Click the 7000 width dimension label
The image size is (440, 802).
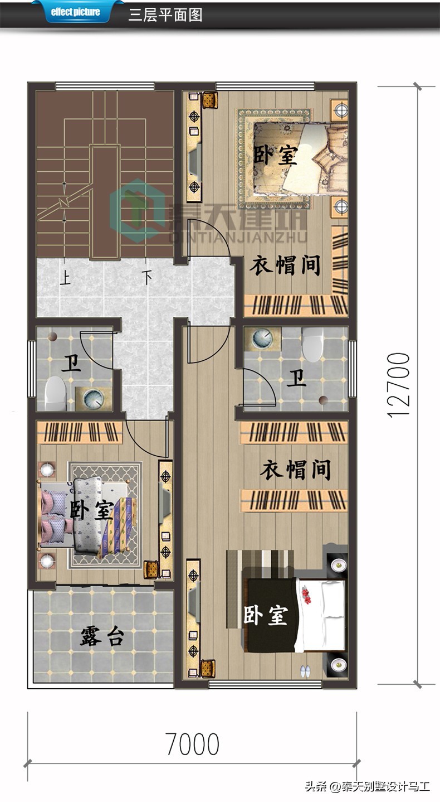[192, 744]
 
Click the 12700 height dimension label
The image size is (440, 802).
[398, 385]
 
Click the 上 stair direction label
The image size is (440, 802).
[65, 278]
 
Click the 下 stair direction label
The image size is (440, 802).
[146, 278]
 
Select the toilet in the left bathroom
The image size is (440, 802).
[56, 393]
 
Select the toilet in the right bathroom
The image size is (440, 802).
[312, 344]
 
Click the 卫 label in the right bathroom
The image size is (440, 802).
[296, 378]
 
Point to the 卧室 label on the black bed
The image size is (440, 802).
[266, 615]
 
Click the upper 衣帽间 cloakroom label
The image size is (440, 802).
[285, 265]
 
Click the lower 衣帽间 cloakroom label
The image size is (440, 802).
[295, 470]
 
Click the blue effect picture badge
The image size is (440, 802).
[75, 12]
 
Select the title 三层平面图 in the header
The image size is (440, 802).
[165, 15]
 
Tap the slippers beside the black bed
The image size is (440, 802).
[305, 670]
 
